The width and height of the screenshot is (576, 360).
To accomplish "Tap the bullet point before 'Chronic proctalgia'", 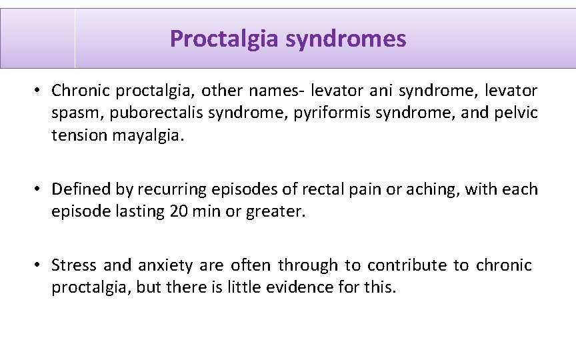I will coord(40,90).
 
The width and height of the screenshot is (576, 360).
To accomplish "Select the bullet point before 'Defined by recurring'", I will coord(40,189).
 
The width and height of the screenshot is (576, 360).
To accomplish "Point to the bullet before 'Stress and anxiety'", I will coord(40,265).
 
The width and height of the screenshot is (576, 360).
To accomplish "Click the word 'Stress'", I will coord(73,265).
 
